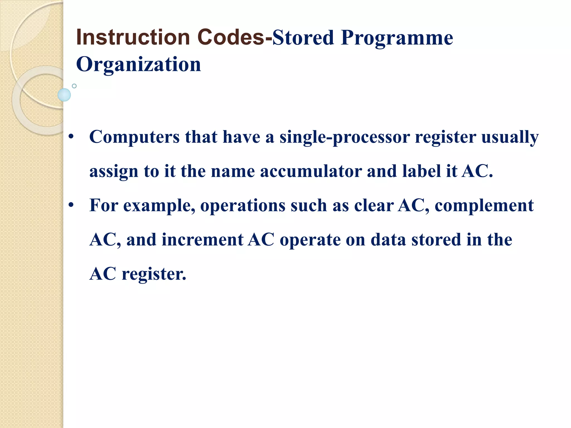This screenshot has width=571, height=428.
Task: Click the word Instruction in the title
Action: pyautogui.click(x=133, y=37)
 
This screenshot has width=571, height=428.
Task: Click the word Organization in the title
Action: pyautogui.click(x=139, y=65)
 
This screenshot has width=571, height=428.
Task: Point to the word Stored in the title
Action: pyautogui.click(x=303, y=38)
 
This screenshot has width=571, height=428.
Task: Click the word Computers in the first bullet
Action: pyautogui.click(x=134, y=137)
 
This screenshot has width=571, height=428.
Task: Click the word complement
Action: pyautogui.click(x=484, y=206)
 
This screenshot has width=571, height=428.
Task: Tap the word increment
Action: pyautogui.click(x=202, y=240)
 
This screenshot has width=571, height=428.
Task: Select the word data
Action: pyautogui.click(x=388, y=240)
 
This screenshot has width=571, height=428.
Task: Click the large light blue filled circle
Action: pyautogui.click(x=64, y=95)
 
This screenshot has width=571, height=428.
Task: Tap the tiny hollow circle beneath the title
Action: pyautogui.click(x=74, y=86)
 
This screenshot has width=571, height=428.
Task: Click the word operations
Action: pyautogui.click(x=243, y=206)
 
